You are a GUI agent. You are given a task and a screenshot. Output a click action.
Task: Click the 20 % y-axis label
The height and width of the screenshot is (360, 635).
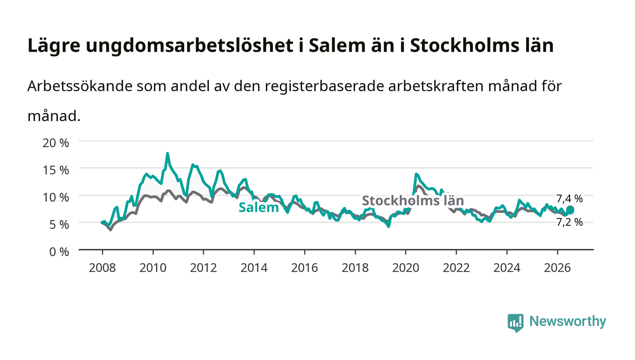(x=56, y=143)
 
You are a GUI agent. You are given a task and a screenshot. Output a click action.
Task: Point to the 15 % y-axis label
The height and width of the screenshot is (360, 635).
(x=56, y=170)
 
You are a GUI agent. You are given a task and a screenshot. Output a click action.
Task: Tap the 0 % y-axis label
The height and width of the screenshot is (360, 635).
(x=59, y=252)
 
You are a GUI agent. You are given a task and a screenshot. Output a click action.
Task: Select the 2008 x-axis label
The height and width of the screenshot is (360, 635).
(x=103, y=268)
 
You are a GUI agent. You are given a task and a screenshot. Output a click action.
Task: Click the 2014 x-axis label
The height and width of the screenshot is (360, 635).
(x=254, y=268)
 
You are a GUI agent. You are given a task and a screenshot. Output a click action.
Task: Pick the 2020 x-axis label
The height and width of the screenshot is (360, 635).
(x=405, y=268)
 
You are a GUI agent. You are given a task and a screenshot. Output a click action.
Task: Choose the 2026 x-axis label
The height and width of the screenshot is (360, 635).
(x=557, y=268)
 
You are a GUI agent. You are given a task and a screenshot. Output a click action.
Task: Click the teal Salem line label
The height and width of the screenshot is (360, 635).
(x=259, y=208)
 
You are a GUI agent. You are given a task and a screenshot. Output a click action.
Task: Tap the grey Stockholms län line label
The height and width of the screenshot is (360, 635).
(x=413, y=201)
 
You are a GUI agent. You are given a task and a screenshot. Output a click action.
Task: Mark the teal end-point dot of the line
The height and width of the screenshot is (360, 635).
(x=570, y=210)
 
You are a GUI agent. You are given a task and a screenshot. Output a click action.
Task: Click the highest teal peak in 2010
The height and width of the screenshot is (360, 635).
(x=167, y=153)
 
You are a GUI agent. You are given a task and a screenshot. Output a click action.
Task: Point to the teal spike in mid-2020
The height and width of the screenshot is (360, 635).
(x=416, y=174)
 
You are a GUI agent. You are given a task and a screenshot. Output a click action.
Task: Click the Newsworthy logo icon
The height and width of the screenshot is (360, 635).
(x=515, y=322)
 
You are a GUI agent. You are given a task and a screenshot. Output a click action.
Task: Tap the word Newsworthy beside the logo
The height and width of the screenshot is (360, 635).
(x=567, y=321)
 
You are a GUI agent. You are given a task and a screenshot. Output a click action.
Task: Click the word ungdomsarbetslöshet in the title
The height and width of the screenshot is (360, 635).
(x=190, y=45)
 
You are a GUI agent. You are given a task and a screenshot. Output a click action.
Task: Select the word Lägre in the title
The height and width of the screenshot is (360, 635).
(x=54, y=46)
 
